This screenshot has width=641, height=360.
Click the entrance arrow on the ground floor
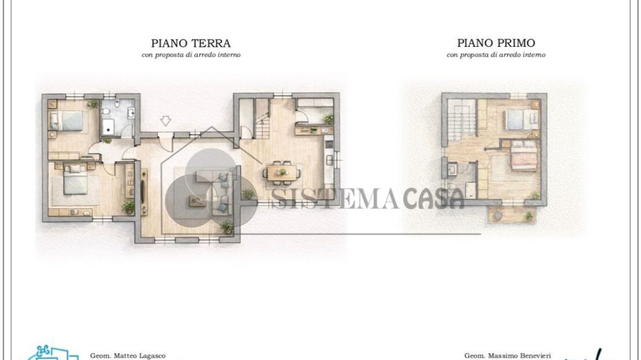click(165, 121)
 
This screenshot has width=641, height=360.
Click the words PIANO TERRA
click(191, 43)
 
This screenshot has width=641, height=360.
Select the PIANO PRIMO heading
click(496, 43)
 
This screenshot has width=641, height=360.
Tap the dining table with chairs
click(282, 172)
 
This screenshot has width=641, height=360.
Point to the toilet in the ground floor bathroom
click(117, 103)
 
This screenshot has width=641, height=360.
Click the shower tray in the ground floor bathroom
click(109, 127)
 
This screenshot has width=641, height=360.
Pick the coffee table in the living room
click(198, 201)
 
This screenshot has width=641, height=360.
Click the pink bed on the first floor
click(524, 156)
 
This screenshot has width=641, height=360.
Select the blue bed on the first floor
click(521, 120)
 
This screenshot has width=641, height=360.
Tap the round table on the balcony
click(498, 216)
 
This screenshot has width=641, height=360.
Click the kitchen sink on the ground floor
click(330, 160)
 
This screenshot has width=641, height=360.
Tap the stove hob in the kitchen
click(329, 144)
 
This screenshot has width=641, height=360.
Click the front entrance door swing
click(166, 143)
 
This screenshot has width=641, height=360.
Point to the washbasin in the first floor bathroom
click(452, 169)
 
